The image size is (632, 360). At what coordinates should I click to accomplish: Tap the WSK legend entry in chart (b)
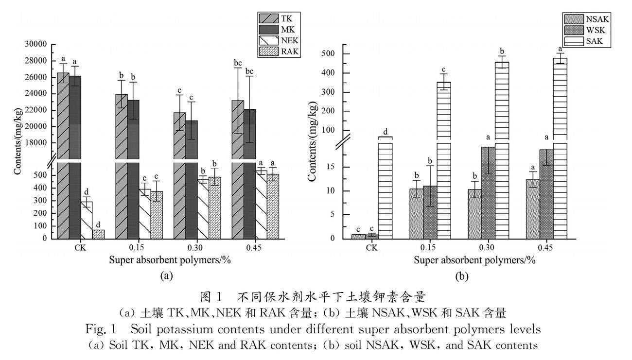click(x=586, y=30)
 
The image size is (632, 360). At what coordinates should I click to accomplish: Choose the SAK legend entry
click(x=585, y=41)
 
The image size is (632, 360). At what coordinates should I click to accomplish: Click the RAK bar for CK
click(x=98, y=234)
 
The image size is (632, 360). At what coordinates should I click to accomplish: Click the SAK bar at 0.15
click(x=444, y=160)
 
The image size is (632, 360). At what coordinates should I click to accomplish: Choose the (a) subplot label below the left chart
click(x=166, y=276)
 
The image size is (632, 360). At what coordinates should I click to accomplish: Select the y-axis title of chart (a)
click(x=17, y=141)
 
